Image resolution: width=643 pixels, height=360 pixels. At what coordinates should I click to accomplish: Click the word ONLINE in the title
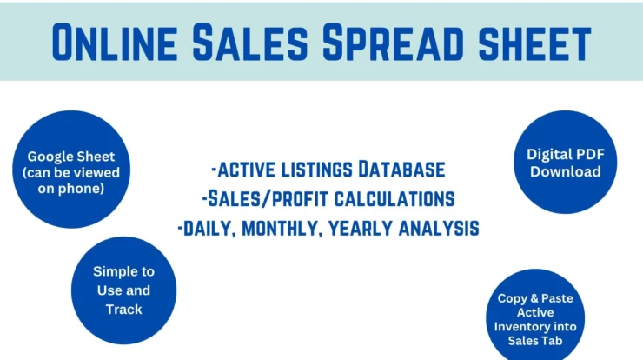click(x=115, y=43)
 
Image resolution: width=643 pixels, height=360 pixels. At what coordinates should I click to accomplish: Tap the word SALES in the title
click(x=250, y=43)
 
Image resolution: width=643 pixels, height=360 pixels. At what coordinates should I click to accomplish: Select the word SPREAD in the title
click(x=393, y=43)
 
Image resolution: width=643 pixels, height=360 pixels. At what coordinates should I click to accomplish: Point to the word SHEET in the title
click(x=534, y=43)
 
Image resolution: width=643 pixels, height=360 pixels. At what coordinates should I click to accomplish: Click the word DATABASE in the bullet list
click(x=401, y=170)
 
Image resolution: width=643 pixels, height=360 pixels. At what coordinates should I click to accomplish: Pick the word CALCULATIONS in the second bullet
click(x=394, y=198)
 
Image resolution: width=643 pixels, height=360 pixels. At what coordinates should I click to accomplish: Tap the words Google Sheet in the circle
click(x=71, y=157)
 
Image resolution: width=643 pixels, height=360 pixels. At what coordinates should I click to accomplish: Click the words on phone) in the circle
click(x=71, y=189)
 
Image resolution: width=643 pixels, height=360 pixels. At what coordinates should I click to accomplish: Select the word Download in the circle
click(x=566, y=171)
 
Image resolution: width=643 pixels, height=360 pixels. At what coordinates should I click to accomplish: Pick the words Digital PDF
click(x=566, y=154)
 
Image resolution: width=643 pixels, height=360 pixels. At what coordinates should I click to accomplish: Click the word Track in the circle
click(x=124, y=309)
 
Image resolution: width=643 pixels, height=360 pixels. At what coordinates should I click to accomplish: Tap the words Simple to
click(x=124, y=272)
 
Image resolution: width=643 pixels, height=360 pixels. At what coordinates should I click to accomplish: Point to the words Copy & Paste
click(x=535, y=298)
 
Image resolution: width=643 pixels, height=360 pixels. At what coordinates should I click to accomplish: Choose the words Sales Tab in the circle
click(x=535, y=341)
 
